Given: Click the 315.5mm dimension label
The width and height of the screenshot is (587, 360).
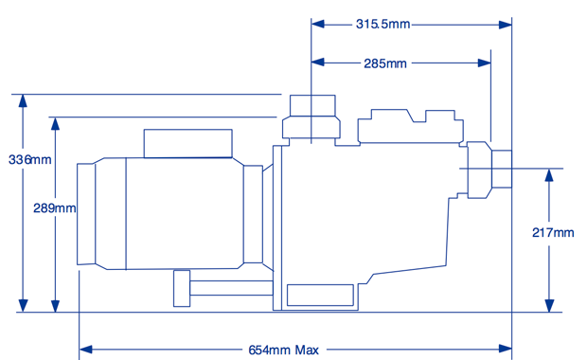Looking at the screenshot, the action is [x=382, y=25].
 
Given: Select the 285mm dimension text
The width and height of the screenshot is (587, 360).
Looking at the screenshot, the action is [x=385, y=63].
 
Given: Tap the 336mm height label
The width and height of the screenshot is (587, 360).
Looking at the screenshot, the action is [x=30, y=159].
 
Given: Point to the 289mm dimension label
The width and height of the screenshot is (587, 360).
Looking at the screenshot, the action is [x=55, y=207].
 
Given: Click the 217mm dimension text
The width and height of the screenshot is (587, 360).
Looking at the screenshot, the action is [x=553, y=233].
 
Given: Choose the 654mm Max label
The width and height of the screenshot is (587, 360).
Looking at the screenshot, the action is [x=283, y=350].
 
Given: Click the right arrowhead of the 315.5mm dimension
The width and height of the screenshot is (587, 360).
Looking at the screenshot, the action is [x=506, y=25].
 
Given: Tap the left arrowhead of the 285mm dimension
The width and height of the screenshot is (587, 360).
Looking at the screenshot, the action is [x=318, y=63].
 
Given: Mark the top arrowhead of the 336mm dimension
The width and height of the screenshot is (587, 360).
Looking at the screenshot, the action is [x=24, y=101].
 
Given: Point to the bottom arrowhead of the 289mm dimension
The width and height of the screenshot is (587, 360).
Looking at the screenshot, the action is [x=56, y=305].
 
